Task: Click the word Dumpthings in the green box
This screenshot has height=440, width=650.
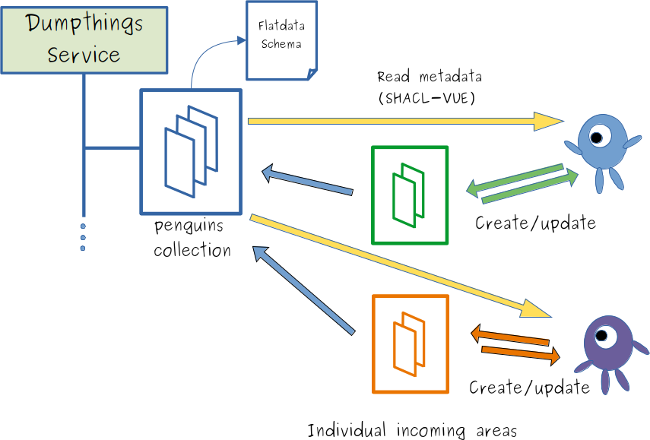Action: point(84,24)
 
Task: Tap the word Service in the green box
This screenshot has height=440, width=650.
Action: point(84,55)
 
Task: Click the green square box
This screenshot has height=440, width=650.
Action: point(410,195)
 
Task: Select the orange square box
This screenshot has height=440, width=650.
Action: point(411,344)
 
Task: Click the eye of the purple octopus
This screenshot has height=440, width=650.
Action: point(604,335)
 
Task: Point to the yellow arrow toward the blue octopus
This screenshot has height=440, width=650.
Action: point(403,121)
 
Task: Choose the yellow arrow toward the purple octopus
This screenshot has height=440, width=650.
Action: point(403,265)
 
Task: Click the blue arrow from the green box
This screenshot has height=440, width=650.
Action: point(307,181)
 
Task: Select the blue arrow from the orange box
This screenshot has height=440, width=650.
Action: point(303,289)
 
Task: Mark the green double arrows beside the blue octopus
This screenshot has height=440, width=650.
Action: point(522,184)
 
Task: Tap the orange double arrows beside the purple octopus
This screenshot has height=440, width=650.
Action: point(515,343)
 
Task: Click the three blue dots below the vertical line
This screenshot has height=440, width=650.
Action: point(83,237)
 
